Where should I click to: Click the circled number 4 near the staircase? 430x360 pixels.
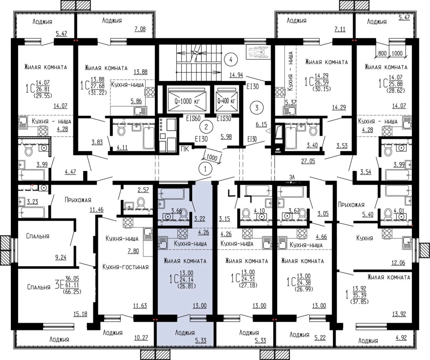coord(231,60)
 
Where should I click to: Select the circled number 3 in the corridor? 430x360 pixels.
coord(257,108)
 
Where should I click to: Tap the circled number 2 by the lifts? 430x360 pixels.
coord(206,127)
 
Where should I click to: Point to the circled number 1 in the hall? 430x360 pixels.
coord(205,169)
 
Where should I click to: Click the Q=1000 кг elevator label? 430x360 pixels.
coord(187,101)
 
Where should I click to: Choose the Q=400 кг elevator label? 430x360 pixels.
coord(226,101)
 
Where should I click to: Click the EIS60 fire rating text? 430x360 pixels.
coord(193,118)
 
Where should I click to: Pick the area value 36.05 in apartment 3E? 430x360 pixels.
coord(72,278)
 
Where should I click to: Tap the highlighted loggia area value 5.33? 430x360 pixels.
coord(200,340)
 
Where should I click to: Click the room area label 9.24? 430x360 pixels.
coord(61,257)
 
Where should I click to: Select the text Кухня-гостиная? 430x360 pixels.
coord(125,267)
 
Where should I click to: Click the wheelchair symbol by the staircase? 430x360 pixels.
coord(258,52)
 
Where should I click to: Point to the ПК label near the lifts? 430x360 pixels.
coord(185,149)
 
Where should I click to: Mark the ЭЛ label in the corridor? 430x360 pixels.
coord(292,177)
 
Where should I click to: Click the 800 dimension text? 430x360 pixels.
coord(382,53)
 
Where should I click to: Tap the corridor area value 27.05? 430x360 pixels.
coord(308,161)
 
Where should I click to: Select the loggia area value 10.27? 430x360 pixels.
coord(141,338)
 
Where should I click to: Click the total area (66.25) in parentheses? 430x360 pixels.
coord(72,292)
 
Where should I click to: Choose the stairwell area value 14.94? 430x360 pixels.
coord(236,75)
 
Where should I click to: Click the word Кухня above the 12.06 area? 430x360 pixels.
coord(365,238)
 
